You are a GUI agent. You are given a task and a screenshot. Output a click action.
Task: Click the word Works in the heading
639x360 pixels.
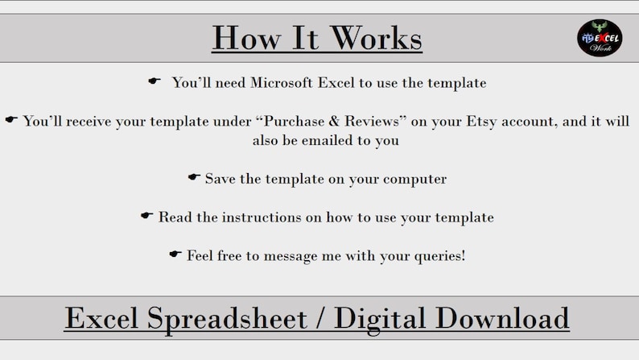[375, 38]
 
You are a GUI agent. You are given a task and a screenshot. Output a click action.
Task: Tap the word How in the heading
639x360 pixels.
[247, 38]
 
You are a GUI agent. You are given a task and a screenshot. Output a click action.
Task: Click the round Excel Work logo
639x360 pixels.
[600, 38]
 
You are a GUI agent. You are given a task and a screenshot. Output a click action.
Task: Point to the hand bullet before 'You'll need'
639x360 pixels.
[154, 81]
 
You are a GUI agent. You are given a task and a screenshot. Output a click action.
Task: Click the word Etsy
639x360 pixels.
[481, 122]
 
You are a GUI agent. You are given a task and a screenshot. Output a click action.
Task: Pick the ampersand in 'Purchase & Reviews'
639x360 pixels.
[334, 121]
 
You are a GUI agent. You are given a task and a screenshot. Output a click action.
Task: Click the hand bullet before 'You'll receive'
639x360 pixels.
[11, 119]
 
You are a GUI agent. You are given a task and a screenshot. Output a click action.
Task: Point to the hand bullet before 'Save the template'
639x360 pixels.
[194, 176]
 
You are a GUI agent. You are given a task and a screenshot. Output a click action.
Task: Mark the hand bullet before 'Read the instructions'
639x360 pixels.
[146, 215]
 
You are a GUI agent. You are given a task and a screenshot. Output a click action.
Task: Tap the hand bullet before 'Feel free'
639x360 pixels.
[175, 254]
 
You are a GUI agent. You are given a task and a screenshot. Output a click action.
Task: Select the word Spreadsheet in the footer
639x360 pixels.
[227, 318]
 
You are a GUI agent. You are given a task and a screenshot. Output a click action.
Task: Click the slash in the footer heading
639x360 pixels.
[321, 317]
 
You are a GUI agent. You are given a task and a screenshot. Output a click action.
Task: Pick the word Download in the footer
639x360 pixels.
[502, 317]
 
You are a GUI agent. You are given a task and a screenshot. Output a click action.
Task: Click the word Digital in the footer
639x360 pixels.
[380, 319]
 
